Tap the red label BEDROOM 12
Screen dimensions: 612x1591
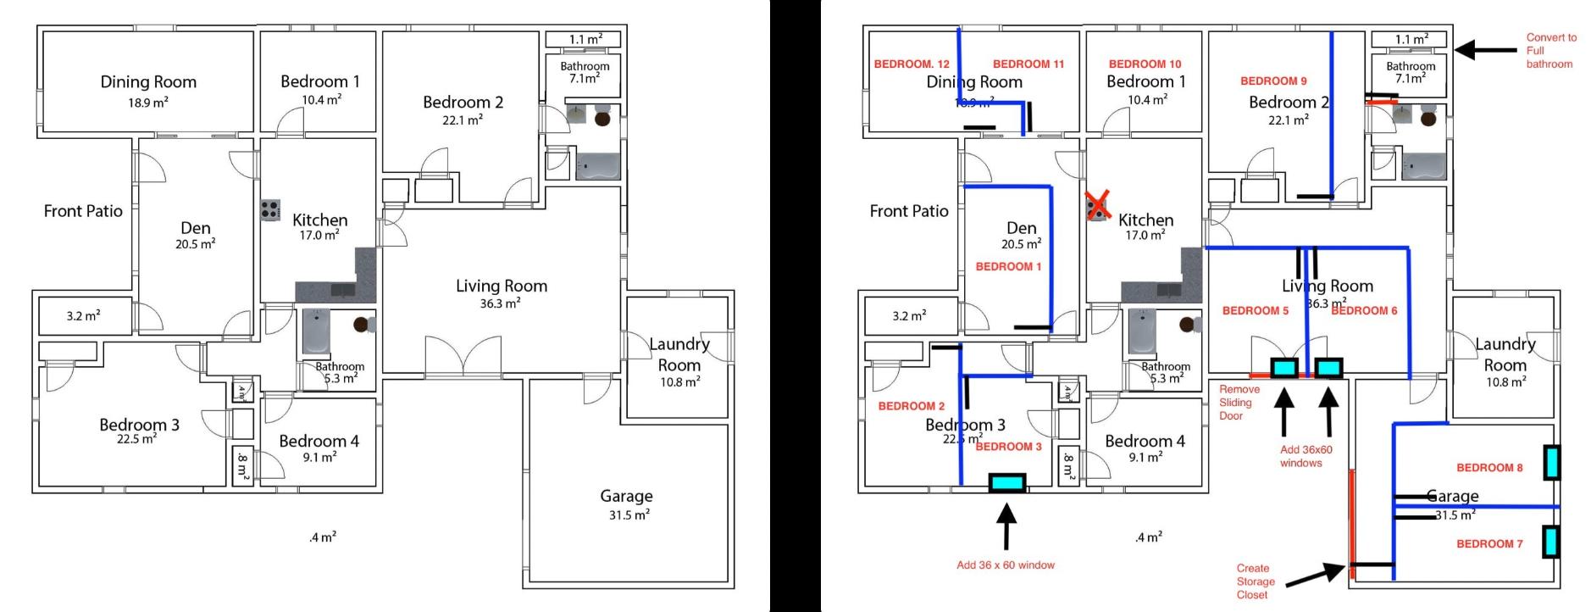pos(912,64)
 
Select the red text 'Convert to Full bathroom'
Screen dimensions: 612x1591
pos(1550,51)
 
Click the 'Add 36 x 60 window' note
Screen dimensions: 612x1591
pos(1006,565)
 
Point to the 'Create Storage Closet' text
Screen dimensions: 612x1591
pos(1255,581)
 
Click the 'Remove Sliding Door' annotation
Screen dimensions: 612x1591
pos(1239,403)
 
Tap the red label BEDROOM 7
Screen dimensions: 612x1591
pos(1489,544)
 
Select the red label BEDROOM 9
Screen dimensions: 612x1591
pos(1273,81)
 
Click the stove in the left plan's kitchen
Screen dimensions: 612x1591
pos(270,209)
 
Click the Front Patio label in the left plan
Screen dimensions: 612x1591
pos(83,211)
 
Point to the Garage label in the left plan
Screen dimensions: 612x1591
pos(626,496)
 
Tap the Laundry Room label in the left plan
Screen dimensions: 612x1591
pos(679,354)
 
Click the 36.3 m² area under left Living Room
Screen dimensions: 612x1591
pos(500,303)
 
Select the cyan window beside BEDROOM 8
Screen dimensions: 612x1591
pos(1551,464)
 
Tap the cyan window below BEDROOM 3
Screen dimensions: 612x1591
pos(1006,483)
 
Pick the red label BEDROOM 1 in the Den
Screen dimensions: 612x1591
pos(1009,267)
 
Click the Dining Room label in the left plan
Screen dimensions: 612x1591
pos(148,82)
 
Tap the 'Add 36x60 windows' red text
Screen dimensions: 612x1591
pos(1306,456)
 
